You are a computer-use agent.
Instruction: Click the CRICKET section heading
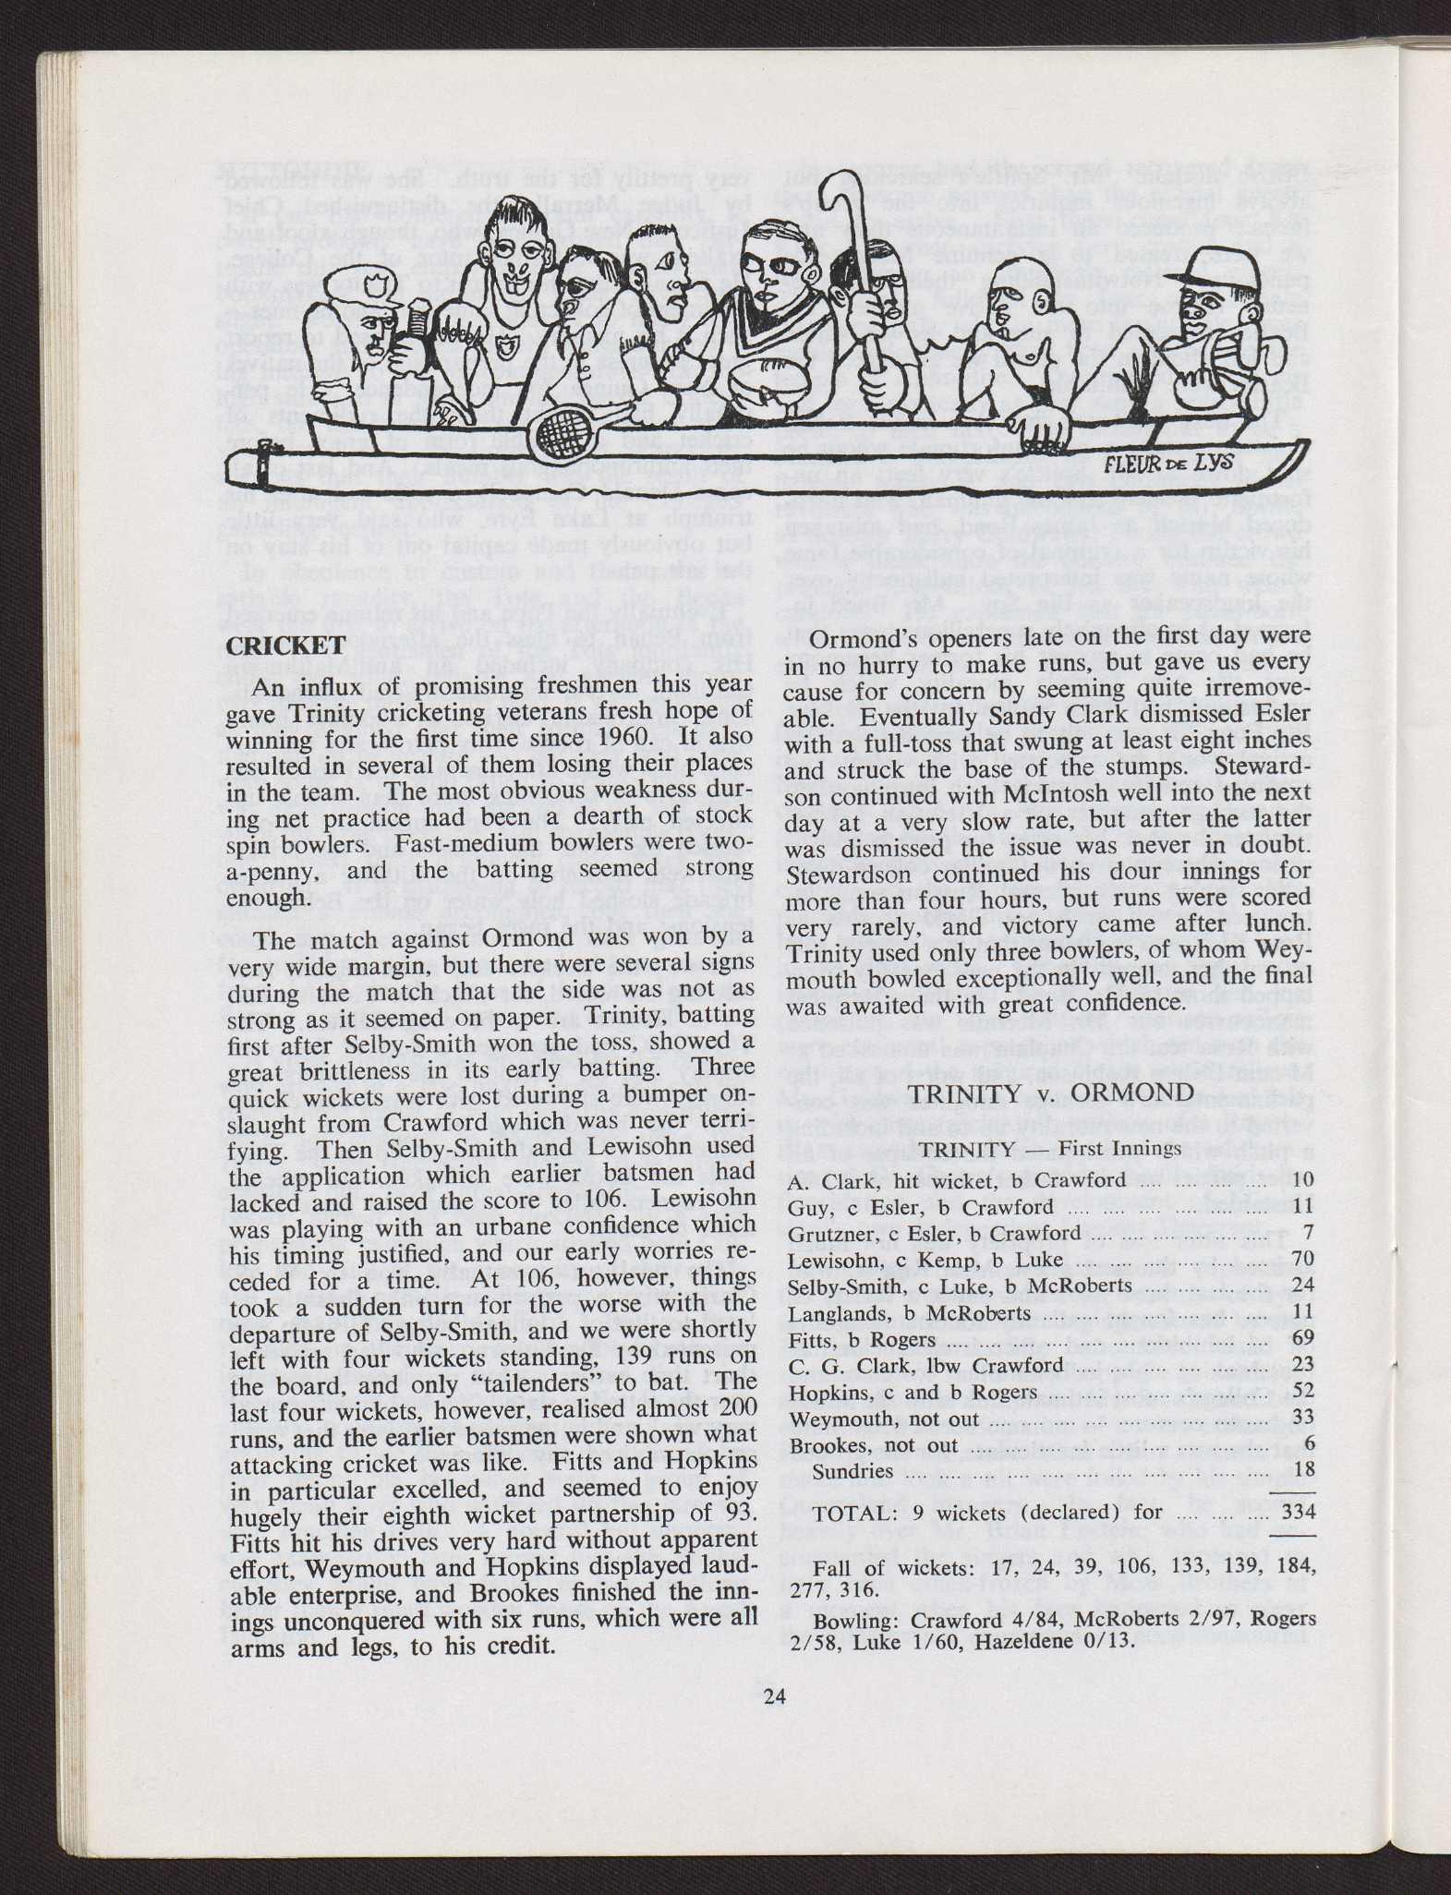click(x=286, y=646)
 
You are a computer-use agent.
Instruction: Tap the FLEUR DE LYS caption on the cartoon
click(x=1168, y=463)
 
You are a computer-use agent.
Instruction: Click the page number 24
click(x=775, y=1696)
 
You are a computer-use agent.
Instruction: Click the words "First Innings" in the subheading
click(x=1119, y=1148)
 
